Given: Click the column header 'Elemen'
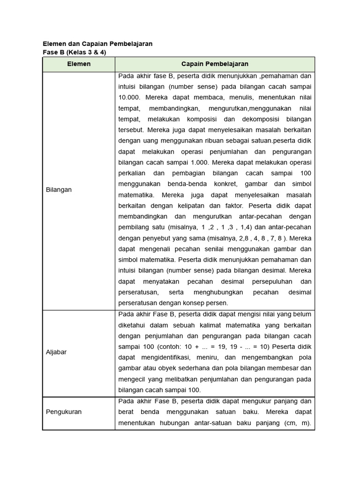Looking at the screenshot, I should [x=79, y=64].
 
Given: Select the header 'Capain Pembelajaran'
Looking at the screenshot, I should [x=215, y=64].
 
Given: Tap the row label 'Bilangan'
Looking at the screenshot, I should [x=59, y=190].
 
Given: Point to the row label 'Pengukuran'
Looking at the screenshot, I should [x=64, y=412].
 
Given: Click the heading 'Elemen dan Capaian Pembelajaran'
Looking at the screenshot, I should [x=97, y=44].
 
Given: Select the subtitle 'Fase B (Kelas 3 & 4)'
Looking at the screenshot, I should [x=75, y=52].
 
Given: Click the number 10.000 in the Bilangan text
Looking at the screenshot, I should [x=129, y=97].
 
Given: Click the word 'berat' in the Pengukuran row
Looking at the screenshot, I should [x=127, y=412].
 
